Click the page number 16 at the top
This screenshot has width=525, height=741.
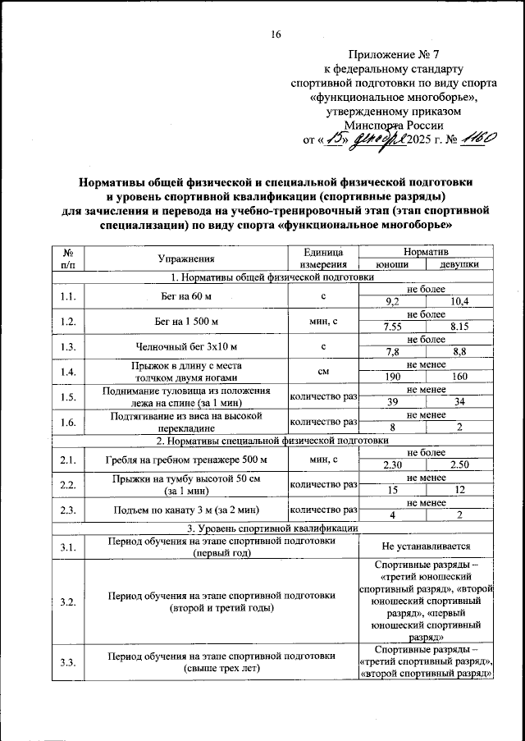[276, 34]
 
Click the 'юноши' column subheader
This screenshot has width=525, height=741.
[393, 265]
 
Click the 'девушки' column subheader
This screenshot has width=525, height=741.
[459, 265]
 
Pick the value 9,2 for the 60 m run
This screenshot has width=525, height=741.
[393, 303]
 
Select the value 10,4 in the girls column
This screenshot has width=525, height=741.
[459, 303]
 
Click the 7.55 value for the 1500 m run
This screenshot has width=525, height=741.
[393, 327]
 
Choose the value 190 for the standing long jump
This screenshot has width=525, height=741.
[393, 377]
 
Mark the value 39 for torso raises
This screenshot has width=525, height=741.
[393, 401]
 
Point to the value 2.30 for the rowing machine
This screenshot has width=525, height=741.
[393, 465]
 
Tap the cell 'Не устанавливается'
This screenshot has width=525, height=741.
[427, 547]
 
